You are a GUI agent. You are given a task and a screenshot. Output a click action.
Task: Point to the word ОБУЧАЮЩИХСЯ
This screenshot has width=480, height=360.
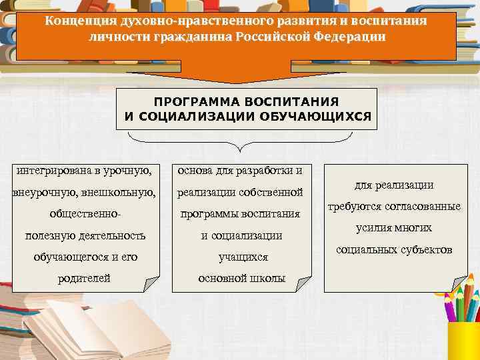point(321,116)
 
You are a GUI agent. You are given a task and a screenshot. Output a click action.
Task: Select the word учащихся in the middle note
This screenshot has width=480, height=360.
point(243,257)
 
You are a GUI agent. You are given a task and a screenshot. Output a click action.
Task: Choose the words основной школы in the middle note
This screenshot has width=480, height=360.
point(243,278)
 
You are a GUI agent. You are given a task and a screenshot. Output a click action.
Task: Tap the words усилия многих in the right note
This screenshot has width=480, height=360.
point(393,228)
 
